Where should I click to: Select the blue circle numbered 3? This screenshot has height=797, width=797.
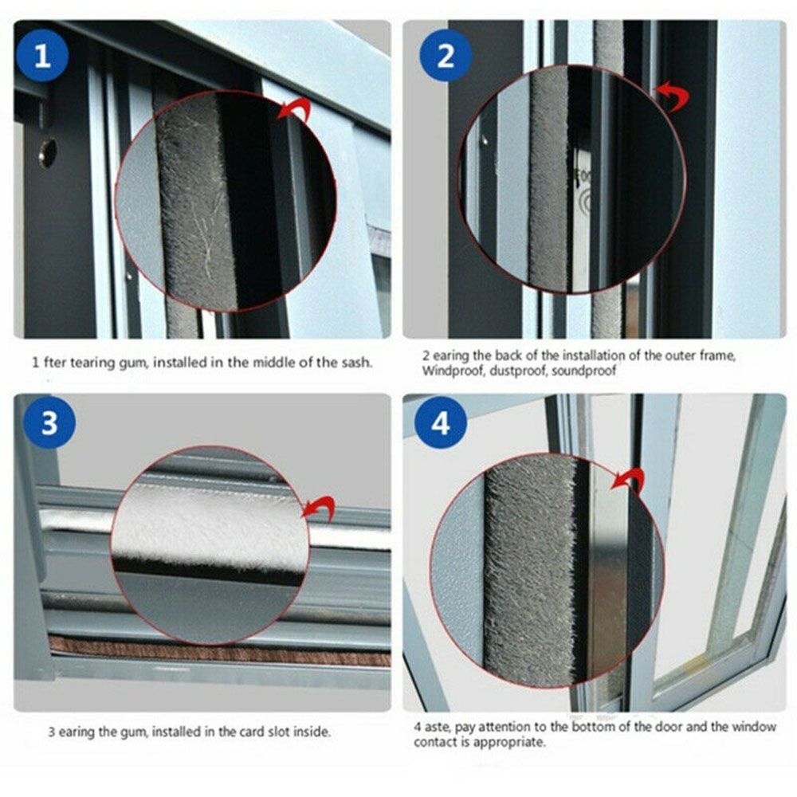pos(49,422)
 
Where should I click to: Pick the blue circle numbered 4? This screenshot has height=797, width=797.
pos(440,422)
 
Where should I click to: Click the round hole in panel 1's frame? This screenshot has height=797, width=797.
pos(48,151)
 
